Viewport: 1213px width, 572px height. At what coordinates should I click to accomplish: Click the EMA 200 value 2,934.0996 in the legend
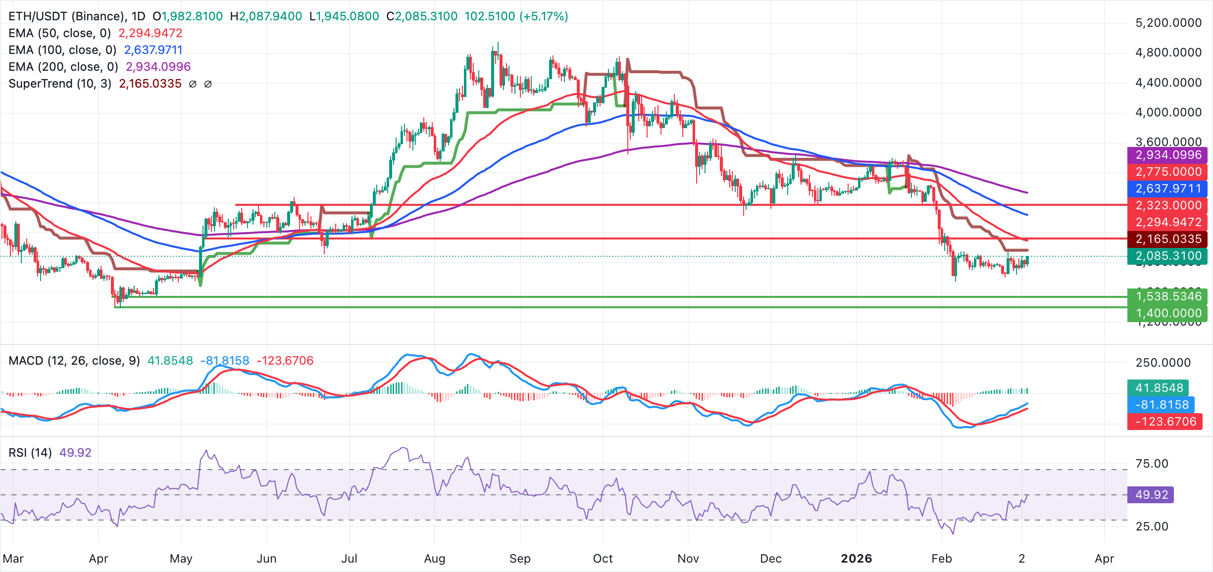[158, 67]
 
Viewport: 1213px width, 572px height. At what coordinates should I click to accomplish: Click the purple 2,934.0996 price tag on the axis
[1167, 155]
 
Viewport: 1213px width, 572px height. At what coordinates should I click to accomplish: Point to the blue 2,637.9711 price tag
[1167, 189]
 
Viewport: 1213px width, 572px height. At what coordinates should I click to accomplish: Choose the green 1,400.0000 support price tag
[1167, 313]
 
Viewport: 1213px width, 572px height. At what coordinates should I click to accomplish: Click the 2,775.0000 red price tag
[1167, 172]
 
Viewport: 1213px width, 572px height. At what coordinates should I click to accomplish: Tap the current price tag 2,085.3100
[1167, 256]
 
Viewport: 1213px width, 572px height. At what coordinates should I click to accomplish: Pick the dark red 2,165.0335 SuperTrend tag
[1167, 239]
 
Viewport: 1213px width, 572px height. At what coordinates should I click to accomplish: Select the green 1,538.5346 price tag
[1167, 296]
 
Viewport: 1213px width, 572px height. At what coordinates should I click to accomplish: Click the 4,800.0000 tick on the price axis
[1168, 52]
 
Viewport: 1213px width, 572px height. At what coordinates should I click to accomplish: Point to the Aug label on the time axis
[435, 559]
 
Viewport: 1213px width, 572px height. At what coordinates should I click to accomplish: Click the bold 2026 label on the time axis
[856, 559]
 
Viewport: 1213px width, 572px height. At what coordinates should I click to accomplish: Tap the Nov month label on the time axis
[688, 559]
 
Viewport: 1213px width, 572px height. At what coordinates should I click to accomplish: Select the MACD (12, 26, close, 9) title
[74, 361]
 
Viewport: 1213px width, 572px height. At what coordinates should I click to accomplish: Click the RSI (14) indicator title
[30, 453]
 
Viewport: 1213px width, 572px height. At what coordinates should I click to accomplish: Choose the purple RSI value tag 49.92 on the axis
[1150, 495]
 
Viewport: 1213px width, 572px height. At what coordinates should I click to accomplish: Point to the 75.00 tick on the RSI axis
[1152, 464]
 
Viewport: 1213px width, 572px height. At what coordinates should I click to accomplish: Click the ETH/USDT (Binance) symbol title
[66, 16]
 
